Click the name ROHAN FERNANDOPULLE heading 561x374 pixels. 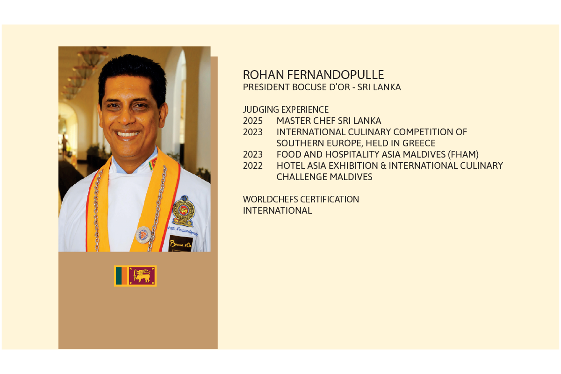coord(313,75)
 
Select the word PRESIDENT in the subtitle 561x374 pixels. coord(266,87)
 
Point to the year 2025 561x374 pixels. coord(253,121)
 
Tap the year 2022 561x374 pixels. coord(253,165)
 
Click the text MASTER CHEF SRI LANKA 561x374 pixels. coord(329,121)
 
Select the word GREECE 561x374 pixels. coord(419,143)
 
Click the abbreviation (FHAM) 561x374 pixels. coord(463,155)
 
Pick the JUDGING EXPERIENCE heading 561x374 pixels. coord(286,109)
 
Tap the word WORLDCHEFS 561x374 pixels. coord(270,200)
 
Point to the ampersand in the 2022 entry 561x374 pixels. coord(383,165)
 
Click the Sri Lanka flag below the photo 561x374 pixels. coord(135,276)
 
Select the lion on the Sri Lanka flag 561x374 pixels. coord(142,276)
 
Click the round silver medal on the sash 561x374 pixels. coord(143,235)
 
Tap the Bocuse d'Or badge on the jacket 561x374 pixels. coord(180,244)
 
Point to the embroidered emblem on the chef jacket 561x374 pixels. coord(183,211)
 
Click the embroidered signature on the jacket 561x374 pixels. coord(182,230)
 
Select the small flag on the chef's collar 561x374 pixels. coord(152,163)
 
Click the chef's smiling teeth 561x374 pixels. coord(128,135)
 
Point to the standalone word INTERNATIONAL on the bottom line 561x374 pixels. coord(278,211)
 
